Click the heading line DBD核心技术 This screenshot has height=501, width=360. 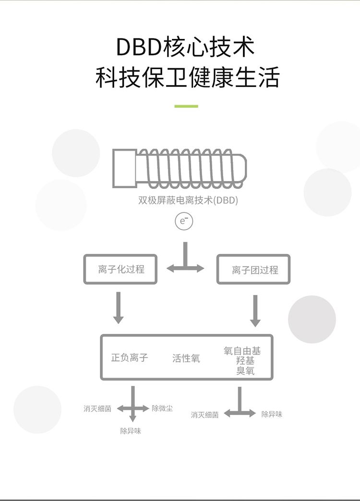185,47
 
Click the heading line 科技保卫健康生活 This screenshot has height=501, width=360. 187,77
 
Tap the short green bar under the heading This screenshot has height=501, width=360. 186,106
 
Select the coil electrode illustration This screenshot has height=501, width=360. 180,168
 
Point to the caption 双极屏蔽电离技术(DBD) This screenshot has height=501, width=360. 188,200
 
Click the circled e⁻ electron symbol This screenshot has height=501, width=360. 184,221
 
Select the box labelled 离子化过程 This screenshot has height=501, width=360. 120,269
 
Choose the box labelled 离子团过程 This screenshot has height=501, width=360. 253,269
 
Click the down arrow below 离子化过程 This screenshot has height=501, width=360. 119,308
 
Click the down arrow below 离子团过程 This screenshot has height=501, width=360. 255,311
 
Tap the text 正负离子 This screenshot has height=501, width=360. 130,357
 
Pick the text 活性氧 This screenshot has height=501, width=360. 186,358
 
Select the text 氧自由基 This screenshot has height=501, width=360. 242,351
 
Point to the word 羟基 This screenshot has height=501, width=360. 245,361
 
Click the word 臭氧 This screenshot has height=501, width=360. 245,371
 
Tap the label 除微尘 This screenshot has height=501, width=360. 162,408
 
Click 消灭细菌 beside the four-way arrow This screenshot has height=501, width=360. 97,409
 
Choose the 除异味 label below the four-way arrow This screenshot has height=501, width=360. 131,431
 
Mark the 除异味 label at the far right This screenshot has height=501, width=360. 272,414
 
